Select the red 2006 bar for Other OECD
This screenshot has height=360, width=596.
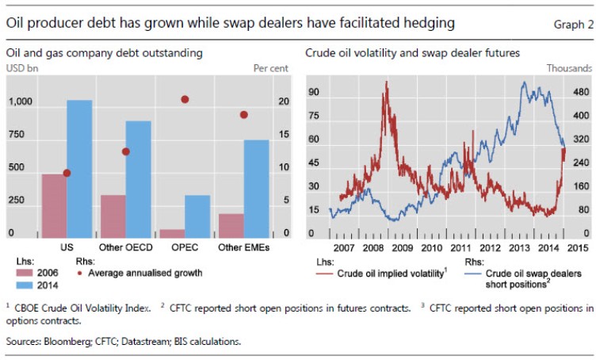click(x=113, y=216)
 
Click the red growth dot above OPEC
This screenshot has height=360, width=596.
click(x=185, y=99)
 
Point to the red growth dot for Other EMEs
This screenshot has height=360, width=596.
click(x=244, y=115)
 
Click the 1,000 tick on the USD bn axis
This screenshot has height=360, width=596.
click(x=21, y=102)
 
